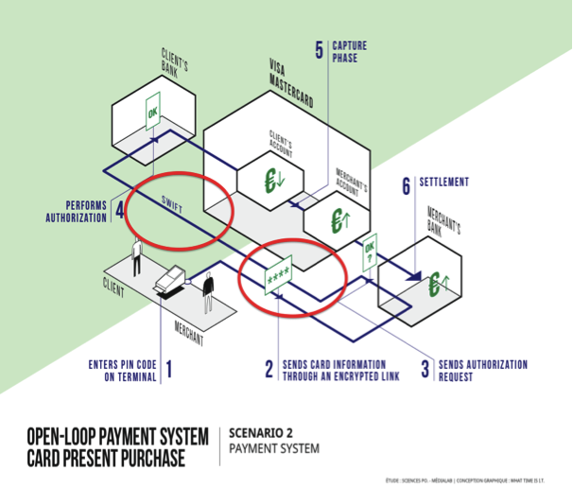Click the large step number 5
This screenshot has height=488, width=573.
coord(319,48)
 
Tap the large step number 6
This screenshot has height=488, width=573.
coord(407,185)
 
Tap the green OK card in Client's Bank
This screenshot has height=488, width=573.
coord(152,114)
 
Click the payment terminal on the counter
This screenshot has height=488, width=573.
coord(171,279)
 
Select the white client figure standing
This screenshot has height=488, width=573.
coord(137,255)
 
